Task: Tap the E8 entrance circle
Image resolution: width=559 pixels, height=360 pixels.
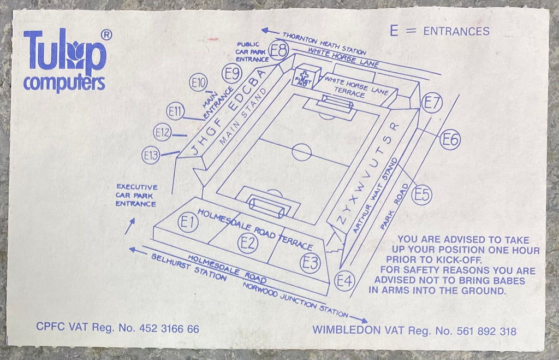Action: pos(279,51)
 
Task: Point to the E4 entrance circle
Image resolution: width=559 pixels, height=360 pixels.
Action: pos(345,281)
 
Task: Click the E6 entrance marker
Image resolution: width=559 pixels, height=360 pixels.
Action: pos(450,140)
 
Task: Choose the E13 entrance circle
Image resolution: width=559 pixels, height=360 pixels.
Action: pos(151,156)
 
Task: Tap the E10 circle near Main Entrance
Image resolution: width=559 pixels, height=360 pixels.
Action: pos(199,83)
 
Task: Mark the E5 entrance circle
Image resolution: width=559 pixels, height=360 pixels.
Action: pos(422,195)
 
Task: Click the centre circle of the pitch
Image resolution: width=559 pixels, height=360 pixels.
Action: pos(301,151)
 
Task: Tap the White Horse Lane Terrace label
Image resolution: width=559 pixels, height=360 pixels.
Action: pos(352,87)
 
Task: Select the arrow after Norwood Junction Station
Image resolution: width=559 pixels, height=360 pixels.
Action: pos(359,319)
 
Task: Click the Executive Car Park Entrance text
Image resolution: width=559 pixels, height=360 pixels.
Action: pos(136,195)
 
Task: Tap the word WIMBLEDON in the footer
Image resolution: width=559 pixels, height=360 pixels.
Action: pos(344,331)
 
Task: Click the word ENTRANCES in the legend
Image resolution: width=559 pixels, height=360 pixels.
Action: pos(456,31)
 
